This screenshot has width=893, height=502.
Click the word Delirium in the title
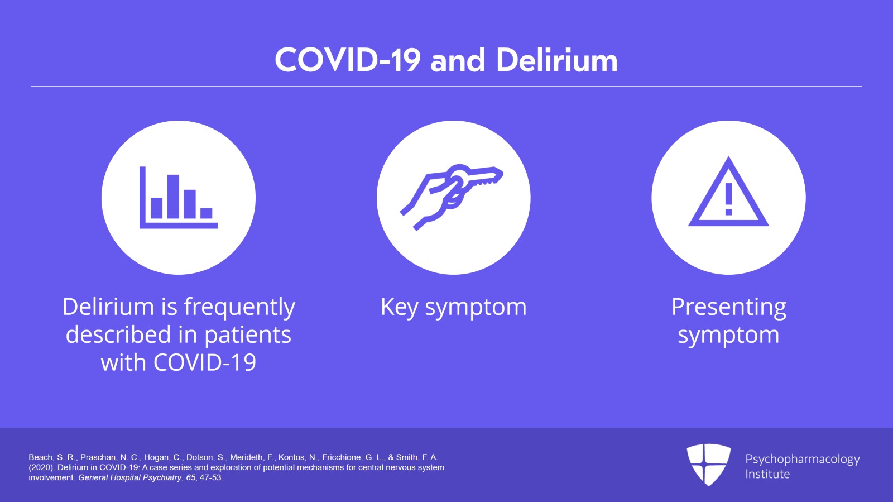click(556, 60)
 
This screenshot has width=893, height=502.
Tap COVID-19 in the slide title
click(347, 60)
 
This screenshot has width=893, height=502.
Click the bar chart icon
click(178, 198)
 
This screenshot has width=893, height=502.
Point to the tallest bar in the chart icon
click(173, 197)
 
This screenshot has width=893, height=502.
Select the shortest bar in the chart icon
click(207, 213)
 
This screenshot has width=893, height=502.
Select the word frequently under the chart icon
click(239, 308)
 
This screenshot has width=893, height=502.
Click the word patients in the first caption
click(247, 335)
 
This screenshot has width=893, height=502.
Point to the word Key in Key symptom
click(399, 308)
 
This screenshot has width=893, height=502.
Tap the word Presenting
click(728, 307)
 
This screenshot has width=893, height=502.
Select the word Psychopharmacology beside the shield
click(802, 459)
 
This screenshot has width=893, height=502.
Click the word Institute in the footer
click(767, 474)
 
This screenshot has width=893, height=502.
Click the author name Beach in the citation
click(40, 457)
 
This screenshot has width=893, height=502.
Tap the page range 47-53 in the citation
click(211, 477)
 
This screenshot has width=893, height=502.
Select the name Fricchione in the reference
click(342, 457)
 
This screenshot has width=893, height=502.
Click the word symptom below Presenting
click(728, 335)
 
